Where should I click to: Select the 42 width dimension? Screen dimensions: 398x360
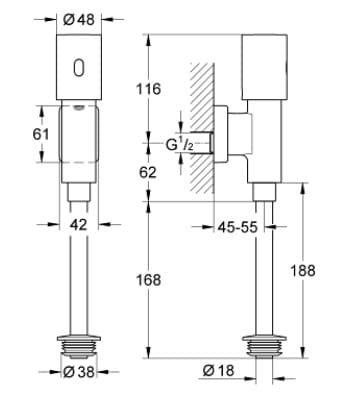[79, 226]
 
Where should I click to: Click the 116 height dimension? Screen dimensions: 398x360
[148, 90]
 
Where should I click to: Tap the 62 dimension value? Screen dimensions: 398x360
[148, 172]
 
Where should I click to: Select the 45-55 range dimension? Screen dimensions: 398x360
[239, 227]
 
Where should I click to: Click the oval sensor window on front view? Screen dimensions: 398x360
[78, 69]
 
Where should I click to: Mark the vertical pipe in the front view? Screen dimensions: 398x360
[79, 280]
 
